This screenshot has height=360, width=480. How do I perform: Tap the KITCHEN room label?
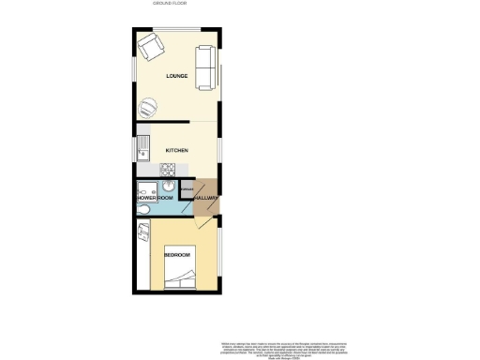[177, 150]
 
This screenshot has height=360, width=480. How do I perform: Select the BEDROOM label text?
[177, 255]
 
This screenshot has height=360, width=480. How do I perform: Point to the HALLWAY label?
[206, 199]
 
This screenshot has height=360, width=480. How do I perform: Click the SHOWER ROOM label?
[156, 199]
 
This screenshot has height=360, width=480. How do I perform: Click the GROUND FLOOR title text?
[170, 4]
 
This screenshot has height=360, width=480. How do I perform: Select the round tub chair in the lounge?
[150, 106]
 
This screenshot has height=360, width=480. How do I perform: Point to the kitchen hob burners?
[167, 170]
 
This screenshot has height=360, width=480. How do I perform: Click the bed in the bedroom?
[181, 277]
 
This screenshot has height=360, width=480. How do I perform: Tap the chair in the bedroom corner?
[144, 231]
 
